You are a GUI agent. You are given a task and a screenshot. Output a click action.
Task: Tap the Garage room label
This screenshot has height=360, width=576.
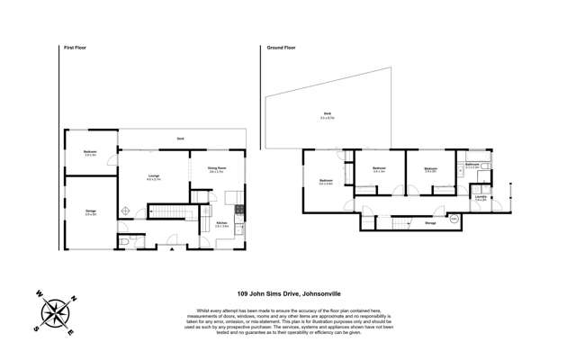coord(90,212)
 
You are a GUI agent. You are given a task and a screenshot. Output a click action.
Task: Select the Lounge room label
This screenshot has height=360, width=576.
coord(153,177)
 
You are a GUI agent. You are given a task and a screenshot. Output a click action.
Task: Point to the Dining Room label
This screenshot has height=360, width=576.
coord(216,168)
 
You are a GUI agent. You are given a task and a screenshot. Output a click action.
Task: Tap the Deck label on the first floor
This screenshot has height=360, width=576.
coord(180,139)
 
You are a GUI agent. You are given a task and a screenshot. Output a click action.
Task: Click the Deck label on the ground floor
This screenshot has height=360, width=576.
coord(326,115)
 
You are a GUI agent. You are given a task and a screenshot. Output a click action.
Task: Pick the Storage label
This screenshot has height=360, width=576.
coord(430,223)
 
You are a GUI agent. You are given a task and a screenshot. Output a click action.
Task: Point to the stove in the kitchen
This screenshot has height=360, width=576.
coord(238,211)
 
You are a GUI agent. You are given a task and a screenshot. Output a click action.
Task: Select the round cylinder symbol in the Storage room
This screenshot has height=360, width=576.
coord(454,220)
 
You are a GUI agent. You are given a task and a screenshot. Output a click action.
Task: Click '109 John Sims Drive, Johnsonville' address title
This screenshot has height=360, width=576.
coord(287,292)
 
